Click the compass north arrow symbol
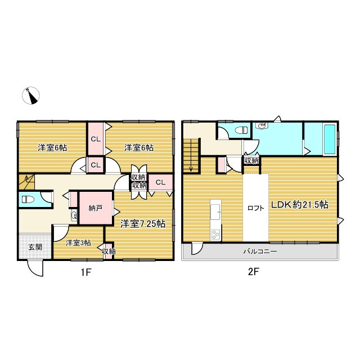pos(32,96)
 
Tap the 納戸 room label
pos(96,208)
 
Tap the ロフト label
pos(255,208)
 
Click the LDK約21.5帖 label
pos(300,205)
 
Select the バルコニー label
pos(260,251)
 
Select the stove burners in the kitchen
pos(215,233)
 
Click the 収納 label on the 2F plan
pos(251,161)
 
